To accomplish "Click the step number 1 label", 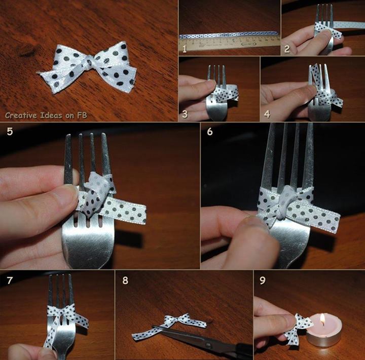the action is [x=185, y=49].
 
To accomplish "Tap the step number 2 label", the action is [x=287, y=49].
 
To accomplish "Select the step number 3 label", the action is [x=185, y=114].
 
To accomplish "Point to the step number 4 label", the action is [x=267, y=114].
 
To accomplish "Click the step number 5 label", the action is [x=10, y=132].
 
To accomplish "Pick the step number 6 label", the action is [x=210, y=132].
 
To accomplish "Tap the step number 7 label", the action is [x=10, y=280].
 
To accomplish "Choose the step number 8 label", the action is [x=125, y=280].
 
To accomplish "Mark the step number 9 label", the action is [x=263, y=280].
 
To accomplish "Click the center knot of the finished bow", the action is [x=89, y=63].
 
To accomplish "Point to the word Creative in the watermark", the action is [x=21, y=115].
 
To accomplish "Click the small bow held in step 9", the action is [x=299, y=329].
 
